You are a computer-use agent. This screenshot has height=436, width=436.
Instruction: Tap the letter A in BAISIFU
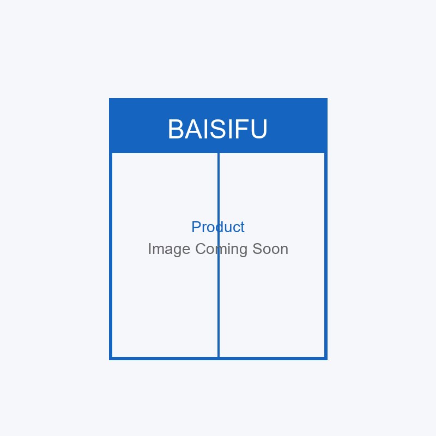coord(193,129)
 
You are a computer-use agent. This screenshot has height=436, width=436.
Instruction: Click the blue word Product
coord(218,227)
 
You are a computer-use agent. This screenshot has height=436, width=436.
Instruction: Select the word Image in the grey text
coord(169,250)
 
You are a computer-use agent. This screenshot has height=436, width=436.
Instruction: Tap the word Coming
coord(221,250)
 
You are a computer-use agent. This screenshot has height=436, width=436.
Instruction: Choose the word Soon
coord(270,249)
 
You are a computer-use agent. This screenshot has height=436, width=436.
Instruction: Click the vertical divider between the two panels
coord(219,255)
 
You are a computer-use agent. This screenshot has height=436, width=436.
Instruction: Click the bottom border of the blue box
coord(219,359)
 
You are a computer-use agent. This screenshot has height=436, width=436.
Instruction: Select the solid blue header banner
coord(219,125)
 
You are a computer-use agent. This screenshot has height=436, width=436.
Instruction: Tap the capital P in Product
coord(196,227)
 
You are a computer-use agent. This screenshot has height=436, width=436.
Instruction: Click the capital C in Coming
coord(201,249)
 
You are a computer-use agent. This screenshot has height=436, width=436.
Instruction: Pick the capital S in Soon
coord(257,249)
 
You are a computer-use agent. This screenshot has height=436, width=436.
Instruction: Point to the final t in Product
coord(243,227)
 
